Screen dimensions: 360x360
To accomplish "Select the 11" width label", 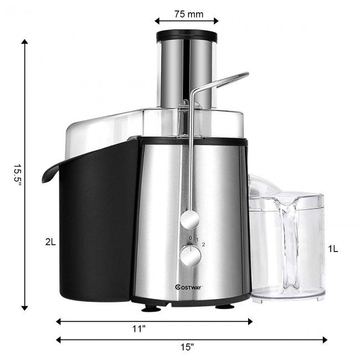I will [140, 329].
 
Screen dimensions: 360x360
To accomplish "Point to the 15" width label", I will [187, 347].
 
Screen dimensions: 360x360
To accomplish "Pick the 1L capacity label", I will [332, 249].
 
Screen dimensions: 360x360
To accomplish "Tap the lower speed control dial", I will [190, 256].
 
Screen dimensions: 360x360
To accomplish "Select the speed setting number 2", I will [204, 244].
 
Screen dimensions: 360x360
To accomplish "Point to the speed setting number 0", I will [190, 238].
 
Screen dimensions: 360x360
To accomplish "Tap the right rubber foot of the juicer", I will [224, 306].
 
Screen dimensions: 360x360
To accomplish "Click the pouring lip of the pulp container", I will [48, 173].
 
